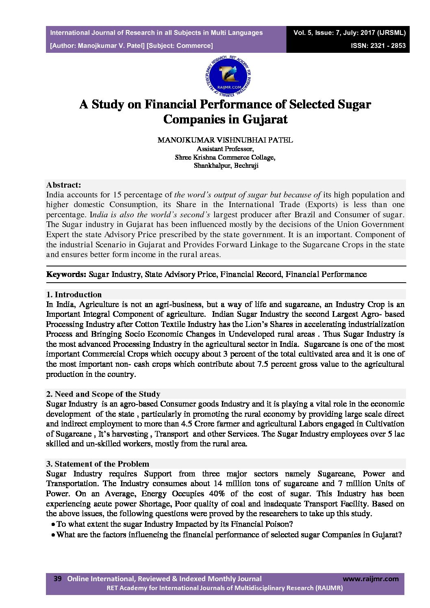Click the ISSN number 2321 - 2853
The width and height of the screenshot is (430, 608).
click(378, 45)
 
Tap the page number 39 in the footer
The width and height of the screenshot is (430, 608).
click(57, 579)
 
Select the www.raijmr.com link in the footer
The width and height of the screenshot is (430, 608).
click(371, 579)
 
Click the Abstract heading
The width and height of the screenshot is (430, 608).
click(63, 185)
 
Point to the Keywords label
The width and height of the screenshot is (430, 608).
click(66, 274)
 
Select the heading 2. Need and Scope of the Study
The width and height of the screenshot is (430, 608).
click(103, 394)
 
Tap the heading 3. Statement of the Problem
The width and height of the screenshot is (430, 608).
click(98, 464)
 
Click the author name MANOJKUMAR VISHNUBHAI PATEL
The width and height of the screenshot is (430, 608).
click(225, 140)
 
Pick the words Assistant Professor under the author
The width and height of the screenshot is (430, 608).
click(225, 149)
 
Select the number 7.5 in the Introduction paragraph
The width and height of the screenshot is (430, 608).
click(263, 364)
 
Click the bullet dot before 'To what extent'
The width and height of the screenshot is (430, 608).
click(53, 524)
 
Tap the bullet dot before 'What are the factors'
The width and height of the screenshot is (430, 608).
click(53, 535)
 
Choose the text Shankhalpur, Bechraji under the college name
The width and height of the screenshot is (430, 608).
click(226, 166)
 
